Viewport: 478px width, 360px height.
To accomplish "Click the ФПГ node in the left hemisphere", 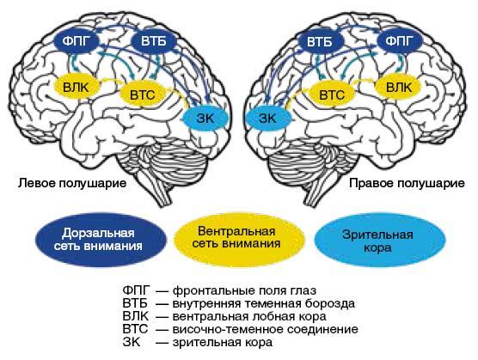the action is pyautogui.click(x=77, y=41).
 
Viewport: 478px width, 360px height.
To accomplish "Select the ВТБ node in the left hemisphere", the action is pyautogui.click(x=154, y=41).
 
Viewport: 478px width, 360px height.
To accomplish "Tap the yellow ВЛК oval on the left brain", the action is pyautogui.click(x=77, y=88).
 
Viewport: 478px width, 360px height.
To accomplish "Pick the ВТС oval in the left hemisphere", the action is pyautogui.click(x=143, y=95).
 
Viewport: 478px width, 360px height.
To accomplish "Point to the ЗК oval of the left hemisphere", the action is pyautogui.click(x=205, y=119).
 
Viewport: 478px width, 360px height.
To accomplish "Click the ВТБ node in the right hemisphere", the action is pyautogui.click(x=320, y=41).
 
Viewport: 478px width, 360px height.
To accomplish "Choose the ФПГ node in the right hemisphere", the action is pyautogui.click(x=400, y=41).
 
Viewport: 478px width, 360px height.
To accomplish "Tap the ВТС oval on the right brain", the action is pyautogui.click(x=332, y=95).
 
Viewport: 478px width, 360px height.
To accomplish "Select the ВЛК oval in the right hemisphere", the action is pyautogui.click(x=398, y=88).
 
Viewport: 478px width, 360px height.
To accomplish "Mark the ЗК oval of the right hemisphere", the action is pyautogui.click(x=268, y=119).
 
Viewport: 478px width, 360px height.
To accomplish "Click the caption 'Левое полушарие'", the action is pyautogui.click(x=72, y=183).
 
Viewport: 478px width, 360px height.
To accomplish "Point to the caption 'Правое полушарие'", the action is pyautogui.click(x=408, y=183).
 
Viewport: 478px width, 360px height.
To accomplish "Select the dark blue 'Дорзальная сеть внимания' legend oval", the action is pyautogui.click(x=101, y=240).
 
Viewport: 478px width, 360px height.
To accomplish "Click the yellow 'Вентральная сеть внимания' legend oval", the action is pyautogui.click(x=239, y=240).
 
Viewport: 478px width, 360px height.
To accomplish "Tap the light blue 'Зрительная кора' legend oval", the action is pyautogui.click(x=379, y=240).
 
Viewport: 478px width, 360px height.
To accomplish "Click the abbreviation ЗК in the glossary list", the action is pyautogui.click(x=132, y=342).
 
